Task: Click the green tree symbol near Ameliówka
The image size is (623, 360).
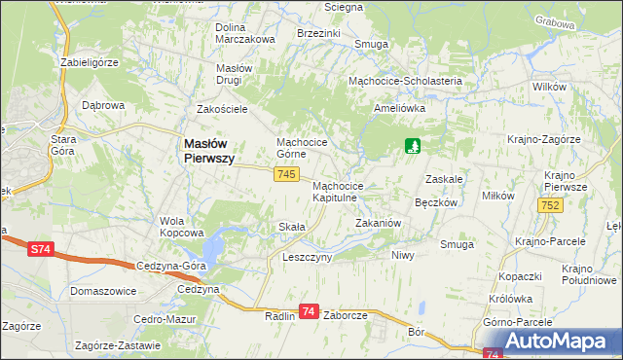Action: (x=414, y=147)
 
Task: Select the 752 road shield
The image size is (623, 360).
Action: (x=550, y=204)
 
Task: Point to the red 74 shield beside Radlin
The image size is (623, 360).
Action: (x=309, y=311)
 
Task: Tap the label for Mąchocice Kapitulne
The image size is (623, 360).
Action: (x=339, y=191)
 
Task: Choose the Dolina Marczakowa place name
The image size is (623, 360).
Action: (x=244, y=33)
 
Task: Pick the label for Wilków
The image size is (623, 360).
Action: (x=550, y=88)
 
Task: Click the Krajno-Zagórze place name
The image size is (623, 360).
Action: (x=543, y=139)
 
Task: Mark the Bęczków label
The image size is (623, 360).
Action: (x=436, y=203)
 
